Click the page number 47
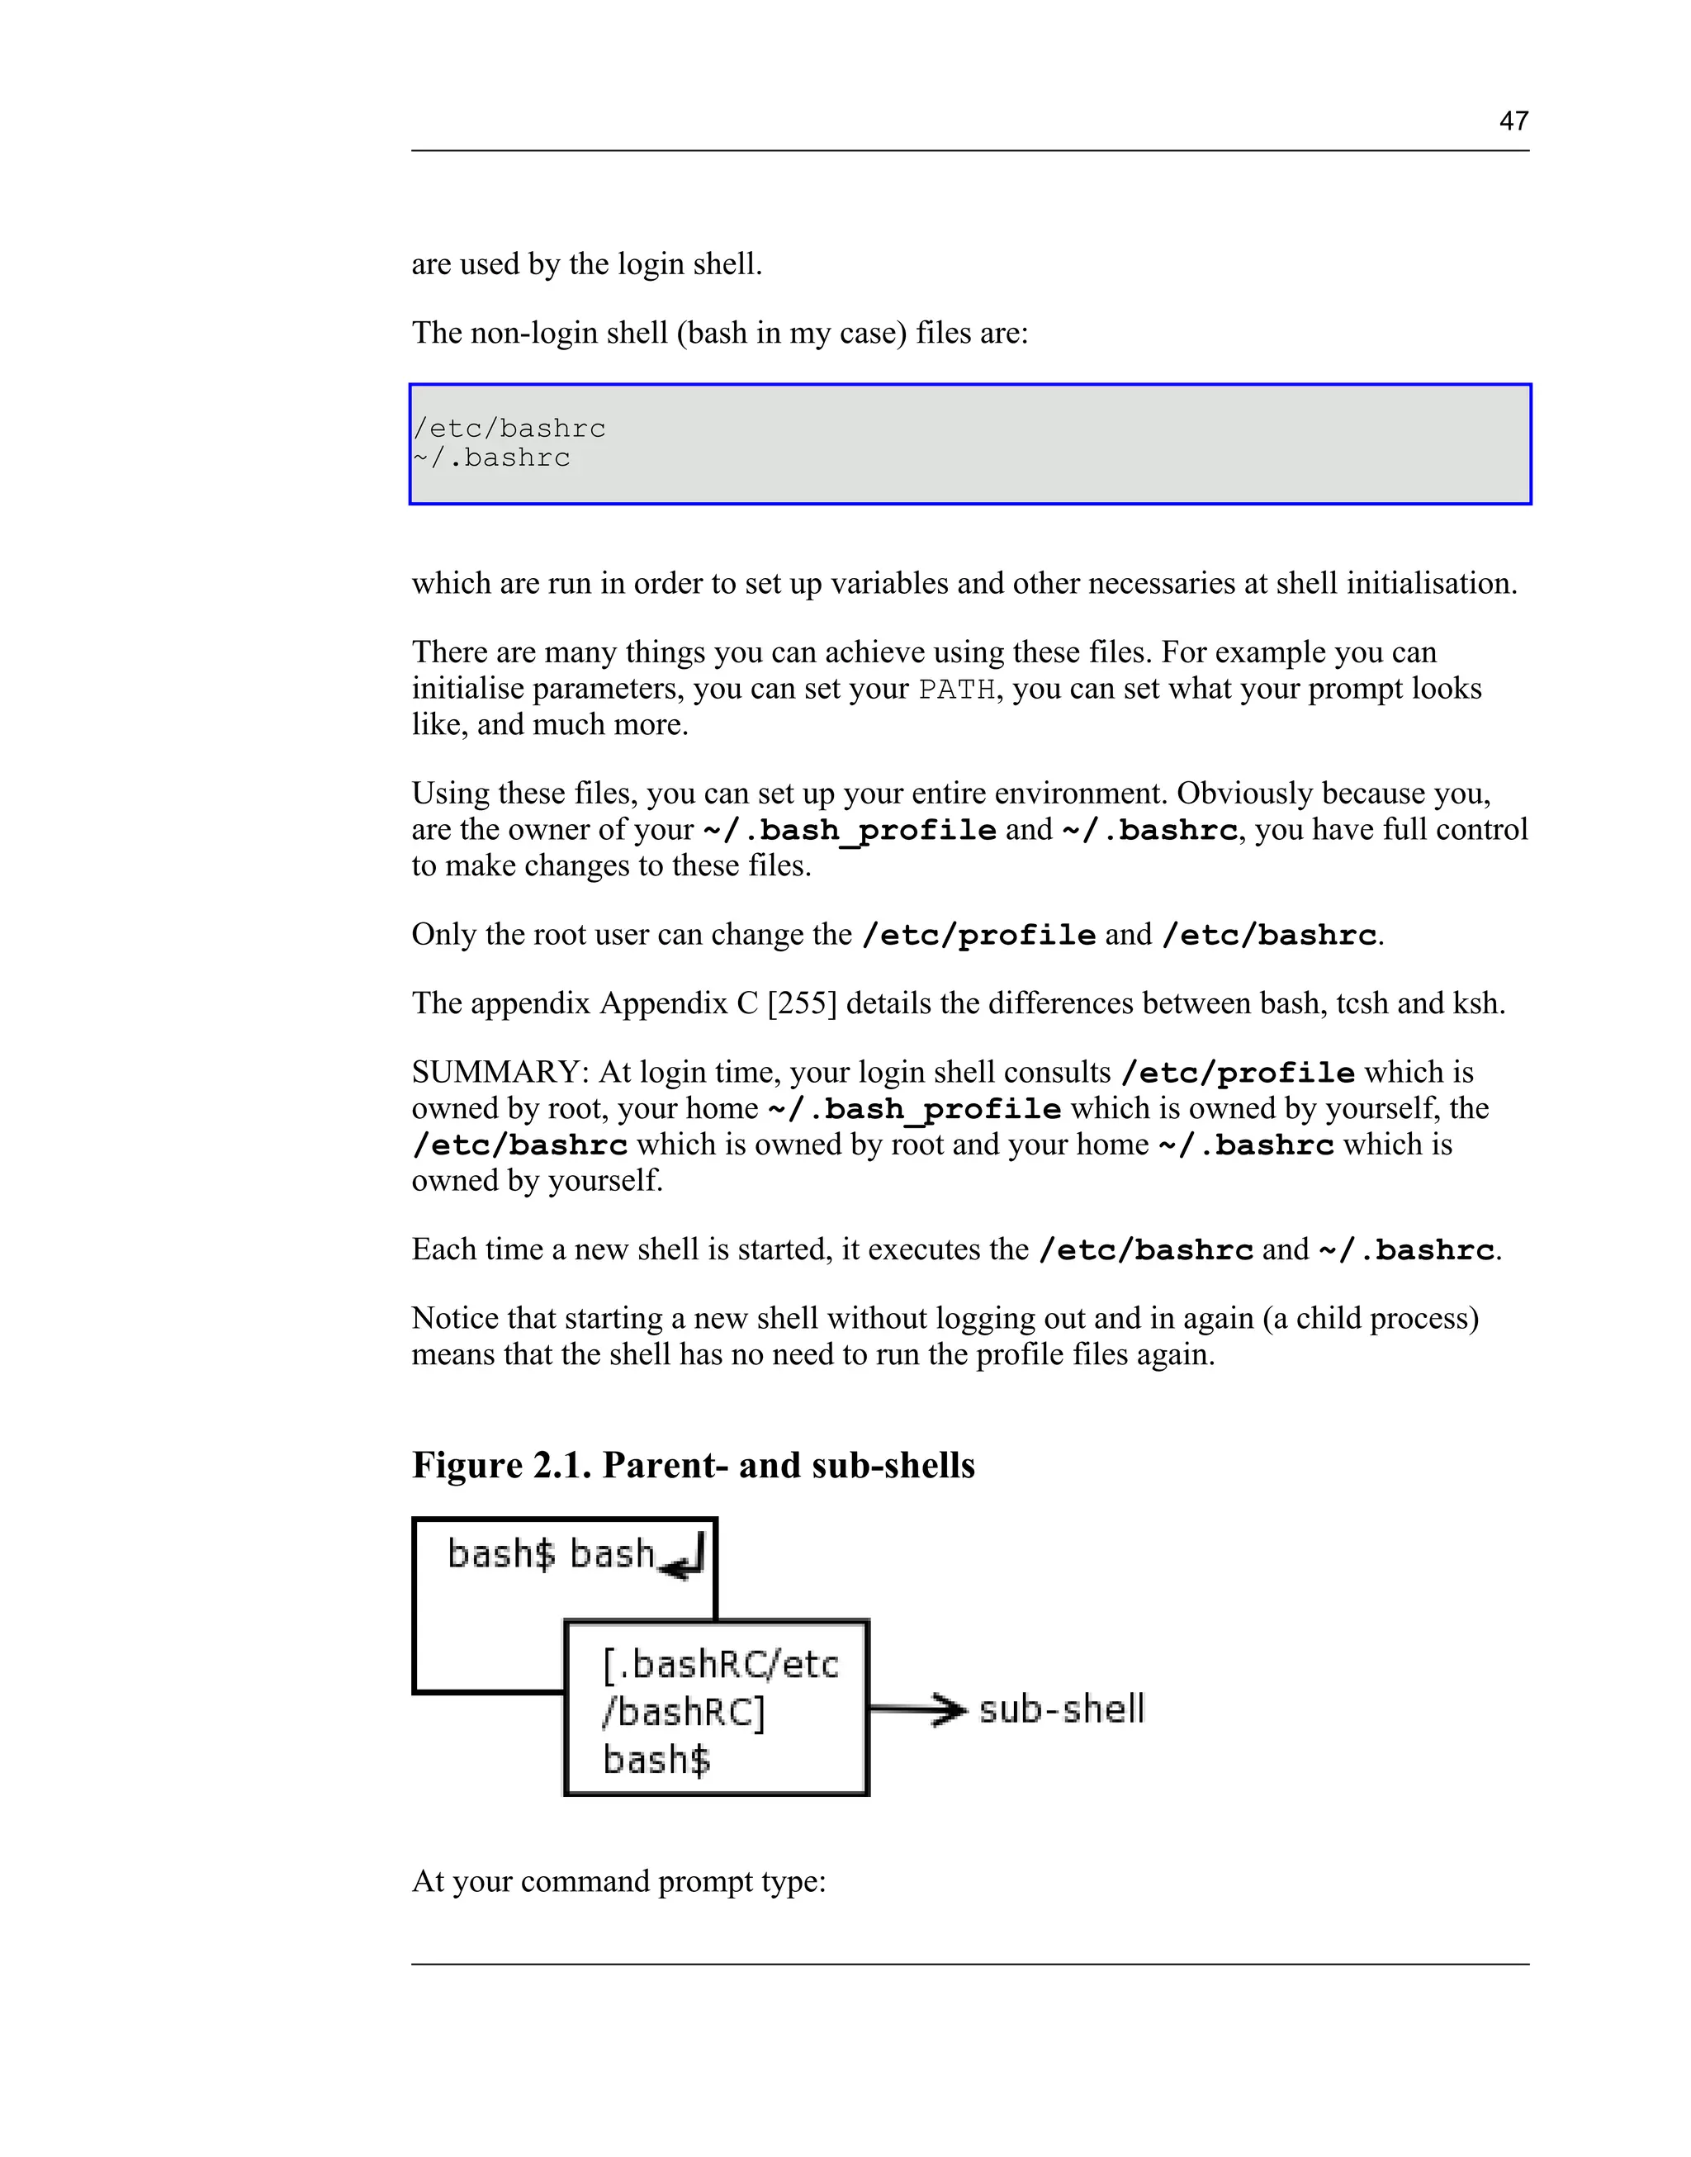point(1513,121)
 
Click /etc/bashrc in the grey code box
point(510,429)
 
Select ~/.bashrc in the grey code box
point(492,458)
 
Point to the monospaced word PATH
point(955,690)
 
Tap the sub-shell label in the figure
point(1061,1709)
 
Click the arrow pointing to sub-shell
point(918,1709)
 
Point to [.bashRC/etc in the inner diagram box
point(720,1665)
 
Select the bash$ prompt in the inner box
point(656,1760)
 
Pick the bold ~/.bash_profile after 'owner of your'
point(850,830)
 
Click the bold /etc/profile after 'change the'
point(979,935)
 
